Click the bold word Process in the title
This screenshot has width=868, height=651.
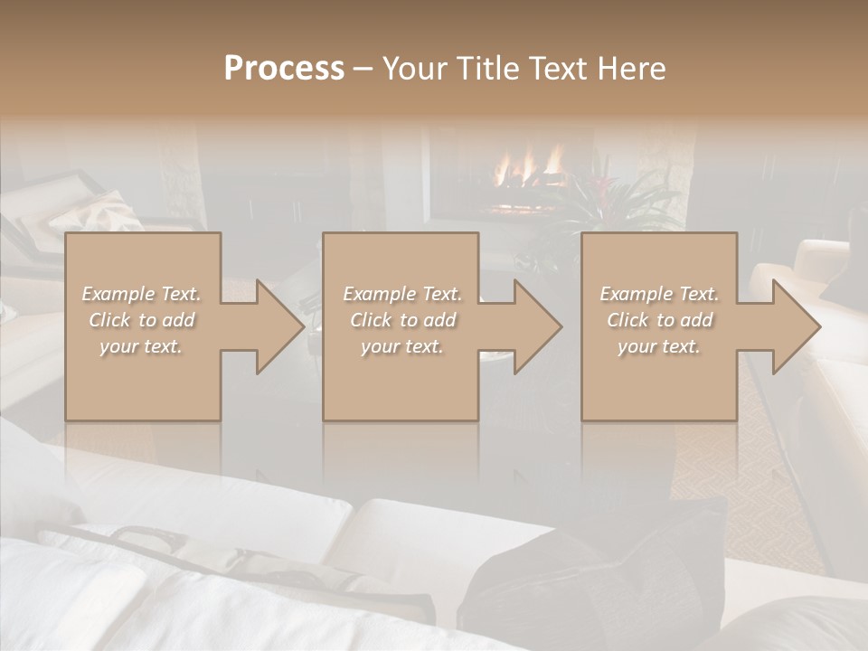tap(284, 69)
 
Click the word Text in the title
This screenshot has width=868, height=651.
tap(557, 69)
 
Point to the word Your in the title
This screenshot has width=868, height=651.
tap(415, 69)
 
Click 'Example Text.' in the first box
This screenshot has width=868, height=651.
tap(141, 294)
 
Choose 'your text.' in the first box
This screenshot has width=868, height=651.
tap(141, 346)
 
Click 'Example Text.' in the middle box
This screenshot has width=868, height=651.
tap(401, 294)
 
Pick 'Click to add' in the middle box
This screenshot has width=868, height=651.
tap(401, 320)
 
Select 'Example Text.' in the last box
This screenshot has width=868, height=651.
tap(659, 294)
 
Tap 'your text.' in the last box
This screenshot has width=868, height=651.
tap(659, 346)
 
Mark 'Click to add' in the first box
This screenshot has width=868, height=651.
tap(141, 320)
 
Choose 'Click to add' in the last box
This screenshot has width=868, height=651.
tap(659, 320)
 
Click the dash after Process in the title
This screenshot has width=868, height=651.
tap(363, 69)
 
